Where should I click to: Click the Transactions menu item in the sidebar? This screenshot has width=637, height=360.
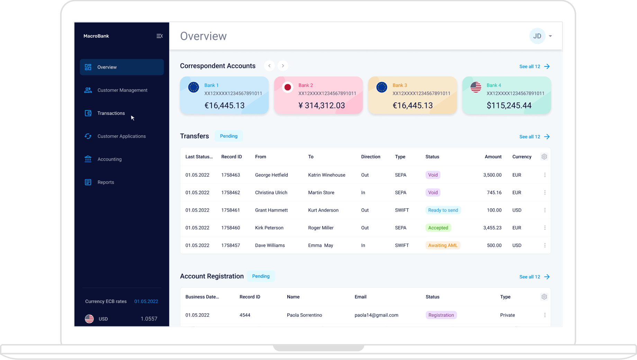[111, 113]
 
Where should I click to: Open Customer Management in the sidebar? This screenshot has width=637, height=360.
[122, 90]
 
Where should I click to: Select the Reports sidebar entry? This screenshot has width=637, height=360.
[106, 182]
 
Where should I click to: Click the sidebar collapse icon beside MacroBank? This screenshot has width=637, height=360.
[160, 36]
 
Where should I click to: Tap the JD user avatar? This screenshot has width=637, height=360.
[537, 36]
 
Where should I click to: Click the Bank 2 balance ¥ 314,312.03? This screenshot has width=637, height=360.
[322, 106]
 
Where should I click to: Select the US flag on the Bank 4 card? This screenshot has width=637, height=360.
[476, 87]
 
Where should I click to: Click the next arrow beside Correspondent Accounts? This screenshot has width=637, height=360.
[283, 66]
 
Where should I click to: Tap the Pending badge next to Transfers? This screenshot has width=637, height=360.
[228, 136]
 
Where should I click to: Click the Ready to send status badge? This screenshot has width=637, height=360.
[443, 210]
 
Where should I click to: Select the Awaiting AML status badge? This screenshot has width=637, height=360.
[442, 245]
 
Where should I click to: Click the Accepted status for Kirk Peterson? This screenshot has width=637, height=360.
[438, 228]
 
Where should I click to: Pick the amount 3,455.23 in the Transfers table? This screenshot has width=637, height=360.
[492, 228]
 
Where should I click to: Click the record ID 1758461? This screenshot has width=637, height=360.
[231, 210]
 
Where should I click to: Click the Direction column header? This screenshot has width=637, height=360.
[370, 157]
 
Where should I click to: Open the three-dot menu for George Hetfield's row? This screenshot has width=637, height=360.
[545, 175]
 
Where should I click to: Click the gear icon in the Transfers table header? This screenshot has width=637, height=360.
[544, 157]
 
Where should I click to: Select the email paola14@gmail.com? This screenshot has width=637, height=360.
[376, 315]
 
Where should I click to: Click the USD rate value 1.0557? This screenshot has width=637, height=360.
[149, 319]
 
